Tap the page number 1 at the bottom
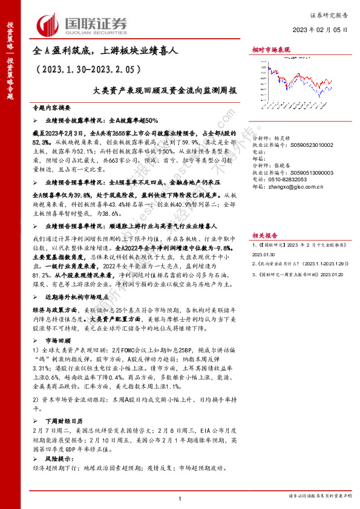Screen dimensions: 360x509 pos(180,498)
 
